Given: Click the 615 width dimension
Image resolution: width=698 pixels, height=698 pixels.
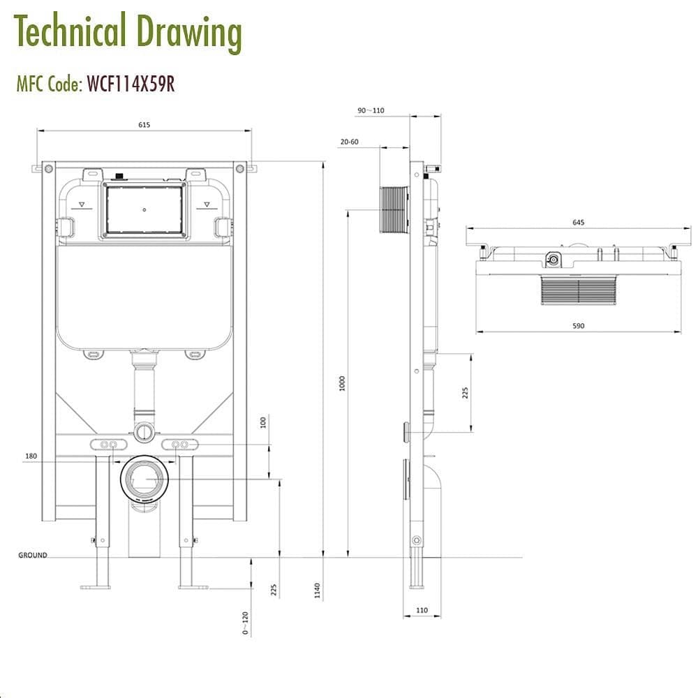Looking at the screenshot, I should click(144, 125).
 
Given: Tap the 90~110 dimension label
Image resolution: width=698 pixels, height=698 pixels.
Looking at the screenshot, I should click(371, 111).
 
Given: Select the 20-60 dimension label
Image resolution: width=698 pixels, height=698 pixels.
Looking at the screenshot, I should click(349, 142).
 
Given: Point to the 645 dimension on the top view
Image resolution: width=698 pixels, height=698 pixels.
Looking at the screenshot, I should click(578, 223).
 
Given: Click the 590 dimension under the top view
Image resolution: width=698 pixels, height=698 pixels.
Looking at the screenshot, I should click(578, 326).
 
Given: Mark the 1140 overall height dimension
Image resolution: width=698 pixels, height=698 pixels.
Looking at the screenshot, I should click(318, 591).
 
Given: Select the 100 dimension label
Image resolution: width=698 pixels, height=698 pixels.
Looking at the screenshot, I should click(263, 423).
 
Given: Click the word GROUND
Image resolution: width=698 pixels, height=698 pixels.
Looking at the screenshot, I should click(33, 556).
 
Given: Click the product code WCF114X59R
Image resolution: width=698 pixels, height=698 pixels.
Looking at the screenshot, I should click(130, 84).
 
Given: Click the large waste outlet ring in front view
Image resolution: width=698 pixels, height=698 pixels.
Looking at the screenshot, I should click(144, 479).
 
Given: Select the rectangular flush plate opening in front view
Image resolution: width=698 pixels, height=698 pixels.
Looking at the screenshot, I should click(144, 209).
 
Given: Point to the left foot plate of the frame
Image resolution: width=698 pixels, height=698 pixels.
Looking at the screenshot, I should click(96, 586).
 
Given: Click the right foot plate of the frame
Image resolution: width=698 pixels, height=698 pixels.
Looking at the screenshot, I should click(193, 586).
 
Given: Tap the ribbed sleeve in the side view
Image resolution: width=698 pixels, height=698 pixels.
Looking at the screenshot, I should click(395, 209).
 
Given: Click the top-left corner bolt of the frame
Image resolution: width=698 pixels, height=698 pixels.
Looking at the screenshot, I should click(48, 168).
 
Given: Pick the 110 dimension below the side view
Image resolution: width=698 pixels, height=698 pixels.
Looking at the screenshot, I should click(422, 610).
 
